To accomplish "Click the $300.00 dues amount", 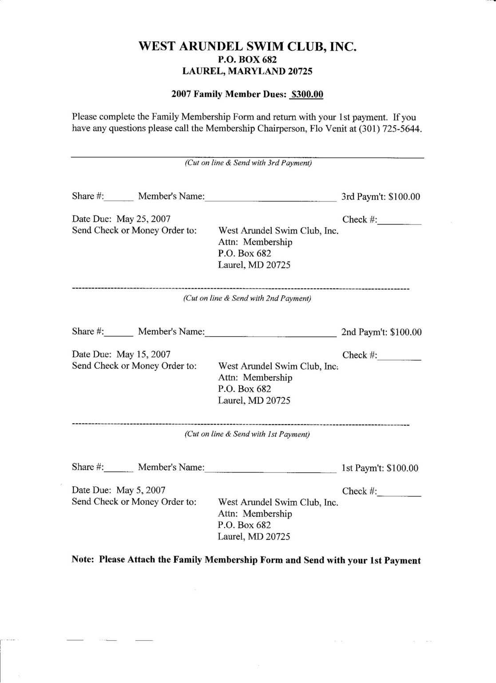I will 307,94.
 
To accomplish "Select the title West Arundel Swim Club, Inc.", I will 247,47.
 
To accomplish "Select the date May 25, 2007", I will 143,219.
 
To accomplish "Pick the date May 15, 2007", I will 143,355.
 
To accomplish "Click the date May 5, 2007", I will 141,490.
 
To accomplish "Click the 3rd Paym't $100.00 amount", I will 404,197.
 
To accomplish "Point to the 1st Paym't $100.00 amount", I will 402,468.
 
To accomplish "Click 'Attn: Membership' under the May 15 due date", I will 255,378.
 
